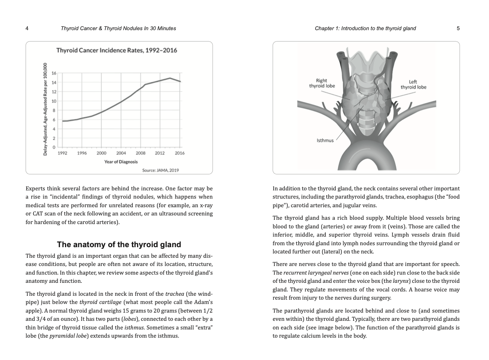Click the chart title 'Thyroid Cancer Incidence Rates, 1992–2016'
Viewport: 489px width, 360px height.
click(x=117, y=51)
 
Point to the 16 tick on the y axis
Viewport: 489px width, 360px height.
click(x=54, y=73)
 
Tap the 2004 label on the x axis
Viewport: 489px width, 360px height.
click(x=121, y=153)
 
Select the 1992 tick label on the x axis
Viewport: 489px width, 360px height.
click(x=62, y=153)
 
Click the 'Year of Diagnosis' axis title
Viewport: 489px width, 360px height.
click(x=121, y=161)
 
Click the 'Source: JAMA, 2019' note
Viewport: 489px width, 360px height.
click(x=161, y=170)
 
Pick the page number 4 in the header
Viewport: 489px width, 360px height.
click(x=27, y=28)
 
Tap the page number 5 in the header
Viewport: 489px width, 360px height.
click(x=458, y=28)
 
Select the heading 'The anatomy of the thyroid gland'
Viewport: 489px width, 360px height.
click(x=119, y=245)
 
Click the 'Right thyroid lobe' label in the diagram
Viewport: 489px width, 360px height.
click(x=322, y=83)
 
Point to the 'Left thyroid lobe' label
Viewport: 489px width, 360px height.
click(x=413, y=85)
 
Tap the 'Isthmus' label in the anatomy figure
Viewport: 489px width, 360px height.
click(x=325, y=140)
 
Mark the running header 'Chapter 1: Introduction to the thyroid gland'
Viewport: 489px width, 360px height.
click(x=365, y=28)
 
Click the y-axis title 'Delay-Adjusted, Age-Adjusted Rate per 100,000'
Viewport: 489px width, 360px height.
click(x=45, y=109)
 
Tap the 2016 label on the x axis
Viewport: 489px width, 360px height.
click(x=180, y=153)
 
